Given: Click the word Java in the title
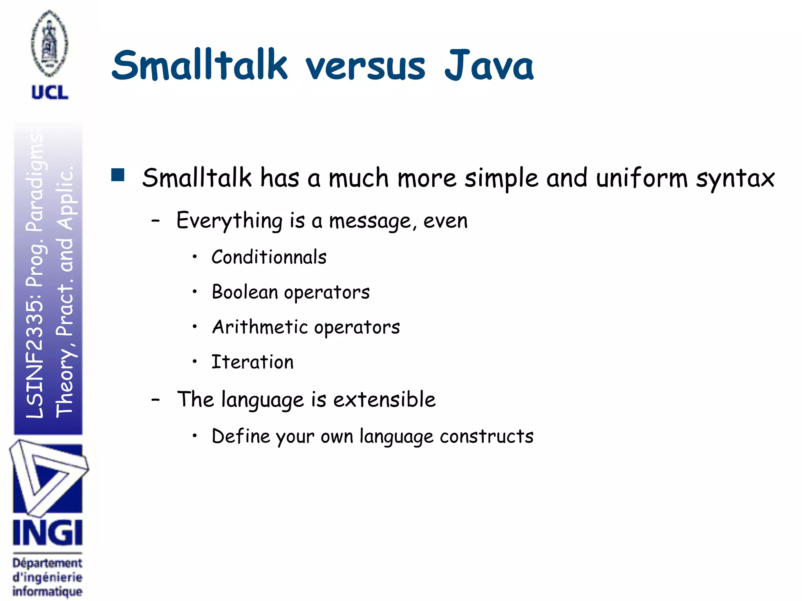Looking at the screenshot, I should (x=489, y=66).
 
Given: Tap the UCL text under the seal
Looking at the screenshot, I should (x=50, y=92).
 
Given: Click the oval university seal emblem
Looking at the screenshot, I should (x=50, y=44).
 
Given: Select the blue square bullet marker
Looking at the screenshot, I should (x=117, y=175).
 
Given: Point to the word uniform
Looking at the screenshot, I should (x=641, y=178).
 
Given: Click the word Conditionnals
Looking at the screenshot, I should (x=269, y=257).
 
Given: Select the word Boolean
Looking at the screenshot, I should (x=245, y=292).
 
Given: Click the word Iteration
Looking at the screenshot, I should (x=252, y=362).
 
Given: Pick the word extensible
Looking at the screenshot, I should (x=384, y=399).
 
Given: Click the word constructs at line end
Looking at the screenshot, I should (x=486, y=436).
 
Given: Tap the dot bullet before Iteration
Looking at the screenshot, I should (x=195, y=361).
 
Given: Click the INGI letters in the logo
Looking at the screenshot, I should (x=47, y=533).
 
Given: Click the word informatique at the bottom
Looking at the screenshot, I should (x=47, y=591).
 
